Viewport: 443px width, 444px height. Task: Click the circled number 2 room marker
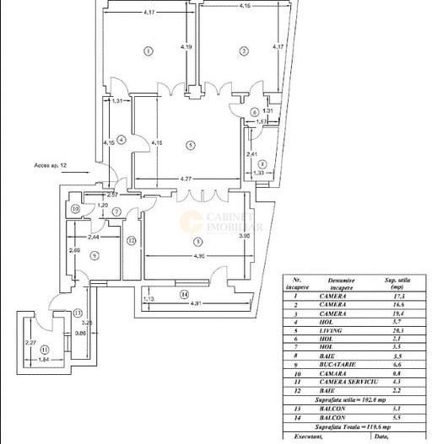[244, 51]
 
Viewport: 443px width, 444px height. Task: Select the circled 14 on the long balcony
[183, 294]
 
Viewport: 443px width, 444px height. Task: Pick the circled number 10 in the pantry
[75, 209]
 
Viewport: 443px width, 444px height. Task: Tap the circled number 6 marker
[255, 111]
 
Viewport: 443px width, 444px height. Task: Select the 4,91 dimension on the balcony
[199, 303]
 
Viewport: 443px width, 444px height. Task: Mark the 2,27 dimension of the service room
[30, 343]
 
